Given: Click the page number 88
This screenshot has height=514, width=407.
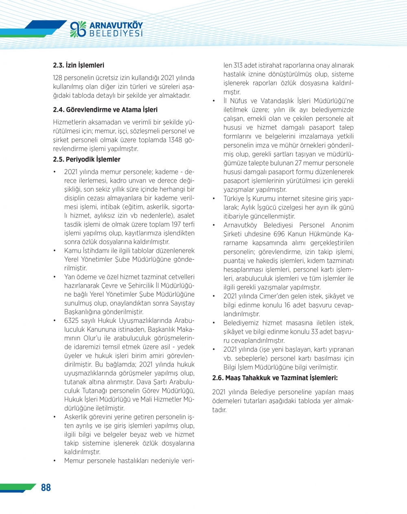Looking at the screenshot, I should pos(46,488).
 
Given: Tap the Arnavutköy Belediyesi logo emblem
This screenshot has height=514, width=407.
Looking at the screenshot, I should pos(78,29).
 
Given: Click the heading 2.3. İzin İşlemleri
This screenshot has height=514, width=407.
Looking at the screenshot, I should pos(79,65).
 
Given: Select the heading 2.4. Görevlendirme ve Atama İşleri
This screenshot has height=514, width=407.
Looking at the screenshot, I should pos(105,110).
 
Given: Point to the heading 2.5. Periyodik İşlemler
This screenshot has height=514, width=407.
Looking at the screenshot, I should pos(87,159).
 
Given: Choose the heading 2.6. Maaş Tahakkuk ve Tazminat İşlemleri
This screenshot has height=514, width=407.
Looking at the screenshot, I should pos(275,378).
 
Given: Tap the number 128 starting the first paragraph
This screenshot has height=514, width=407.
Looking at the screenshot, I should pos(58,78).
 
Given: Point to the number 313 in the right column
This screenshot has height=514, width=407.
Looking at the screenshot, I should pos(238,66).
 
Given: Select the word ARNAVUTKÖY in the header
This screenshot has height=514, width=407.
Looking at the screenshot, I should pos(116,26).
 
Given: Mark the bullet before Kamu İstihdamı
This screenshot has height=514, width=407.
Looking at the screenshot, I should pos(55,251).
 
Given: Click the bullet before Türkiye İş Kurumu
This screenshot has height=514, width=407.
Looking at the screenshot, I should pos(214,199).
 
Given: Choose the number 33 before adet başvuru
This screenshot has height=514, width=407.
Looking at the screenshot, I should pos(315,332).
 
